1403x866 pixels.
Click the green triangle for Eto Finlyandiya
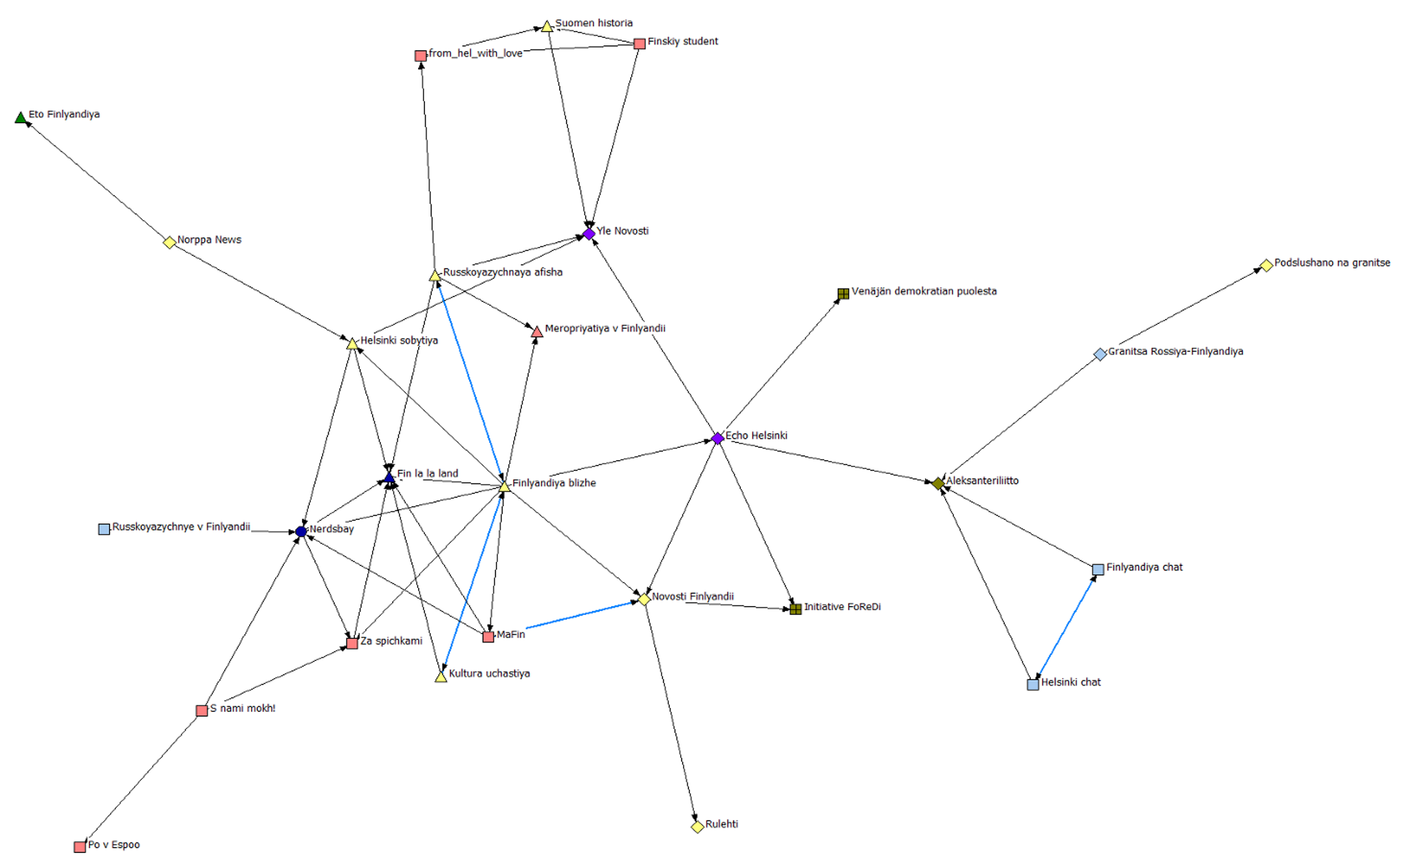21,118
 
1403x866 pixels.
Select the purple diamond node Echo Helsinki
717,438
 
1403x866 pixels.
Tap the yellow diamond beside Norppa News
169,242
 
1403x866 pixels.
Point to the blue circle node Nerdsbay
301,532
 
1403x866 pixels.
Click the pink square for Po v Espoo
80,847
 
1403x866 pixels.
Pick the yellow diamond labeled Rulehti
697,827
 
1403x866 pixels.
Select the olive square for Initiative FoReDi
796,609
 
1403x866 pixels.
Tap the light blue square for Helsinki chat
1032,684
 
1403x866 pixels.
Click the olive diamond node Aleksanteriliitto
938,484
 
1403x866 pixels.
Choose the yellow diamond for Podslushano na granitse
1266,266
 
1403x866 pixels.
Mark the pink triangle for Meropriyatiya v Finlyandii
537,332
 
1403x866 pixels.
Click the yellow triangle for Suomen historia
547,27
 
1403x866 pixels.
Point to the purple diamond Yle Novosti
589,234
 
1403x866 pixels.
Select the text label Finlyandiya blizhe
554,483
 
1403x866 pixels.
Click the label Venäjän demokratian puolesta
924,292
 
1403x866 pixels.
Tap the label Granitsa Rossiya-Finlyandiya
1175,351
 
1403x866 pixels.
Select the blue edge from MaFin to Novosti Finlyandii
581,614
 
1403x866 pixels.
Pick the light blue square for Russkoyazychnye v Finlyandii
104,529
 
